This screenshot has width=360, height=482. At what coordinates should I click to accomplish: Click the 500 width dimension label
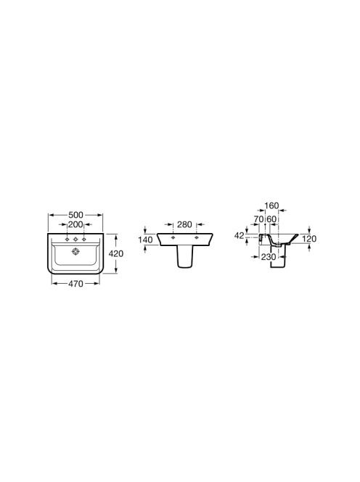coord(75,215)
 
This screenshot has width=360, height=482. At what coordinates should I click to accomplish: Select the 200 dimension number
coord(75,225)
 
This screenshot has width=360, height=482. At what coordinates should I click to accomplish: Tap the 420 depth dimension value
coord(116,253)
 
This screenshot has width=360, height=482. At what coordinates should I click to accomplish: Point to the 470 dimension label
coord(75,283)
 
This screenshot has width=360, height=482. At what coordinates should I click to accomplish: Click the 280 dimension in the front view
coord(184,225)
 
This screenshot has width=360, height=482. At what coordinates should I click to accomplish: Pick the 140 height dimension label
coord(145,240)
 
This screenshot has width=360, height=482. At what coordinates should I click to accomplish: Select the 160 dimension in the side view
coord(271,205)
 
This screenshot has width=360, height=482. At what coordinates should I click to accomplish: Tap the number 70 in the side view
coord(259,219)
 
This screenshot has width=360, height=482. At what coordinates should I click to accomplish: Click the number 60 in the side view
coord(271,219)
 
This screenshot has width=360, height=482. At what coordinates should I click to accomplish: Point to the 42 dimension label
coord(239,236)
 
